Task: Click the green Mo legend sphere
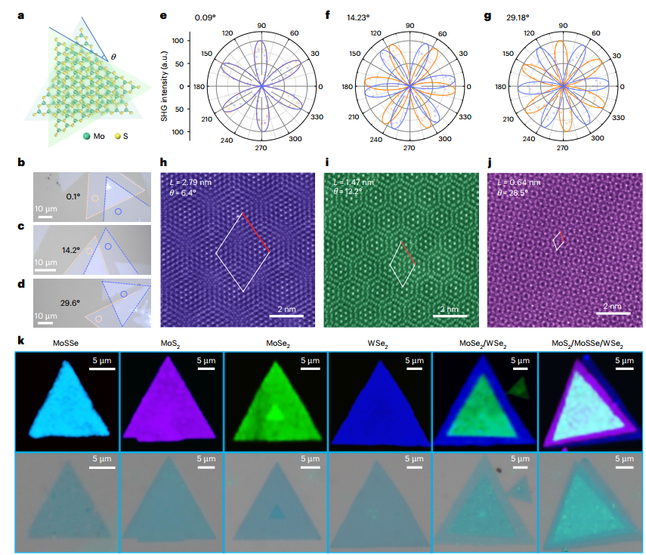click(87, 136)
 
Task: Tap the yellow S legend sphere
click(117, 136)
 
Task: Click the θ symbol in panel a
click(113, 57)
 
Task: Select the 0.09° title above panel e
click(206, 17)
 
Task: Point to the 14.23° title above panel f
click(358, 17)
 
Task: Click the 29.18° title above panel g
click(518, 17)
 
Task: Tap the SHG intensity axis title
click(165, 86)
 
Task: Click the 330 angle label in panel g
click(618, 118)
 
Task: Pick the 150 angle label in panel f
click(354, 54)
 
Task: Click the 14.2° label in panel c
click(71, 251)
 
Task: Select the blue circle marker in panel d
click(124, 294)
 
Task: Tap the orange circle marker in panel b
click(95, 199)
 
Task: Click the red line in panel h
click(256, 233)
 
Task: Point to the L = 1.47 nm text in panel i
click(354, 182)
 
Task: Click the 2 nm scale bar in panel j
click(613, 313)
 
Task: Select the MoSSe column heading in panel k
click(66, 343)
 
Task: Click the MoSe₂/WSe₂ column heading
click(483, 344)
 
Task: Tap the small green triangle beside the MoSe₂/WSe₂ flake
click(520, 388)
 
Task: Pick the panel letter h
click(163, 162)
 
